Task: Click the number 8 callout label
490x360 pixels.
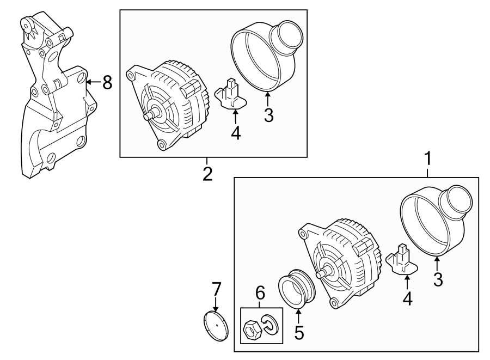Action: pos(107,83)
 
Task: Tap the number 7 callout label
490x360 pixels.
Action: pos(216,288)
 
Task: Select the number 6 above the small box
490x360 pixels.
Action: pos(261,294)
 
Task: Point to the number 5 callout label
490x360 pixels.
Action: pos(298,332)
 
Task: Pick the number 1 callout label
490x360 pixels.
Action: pos(428,159)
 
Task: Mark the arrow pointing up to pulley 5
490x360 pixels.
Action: pos(298,316)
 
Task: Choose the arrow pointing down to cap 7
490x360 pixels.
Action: pos(216,303)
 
